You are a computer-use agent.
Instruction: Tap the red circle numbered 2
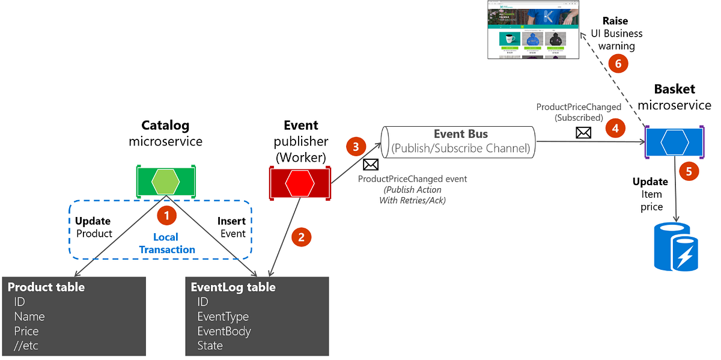302,237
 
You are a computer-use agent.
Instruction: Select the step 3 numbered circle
356,147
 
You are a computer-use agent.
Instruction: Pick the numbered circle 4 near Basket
615,127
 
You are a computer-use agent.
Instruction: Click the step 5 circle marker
689,171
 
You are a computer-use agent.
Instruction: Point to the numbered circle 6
618,63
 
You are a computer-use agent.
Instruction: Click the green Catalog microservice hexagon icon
165,180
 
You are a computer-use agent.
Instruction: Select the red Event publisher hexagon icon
300,183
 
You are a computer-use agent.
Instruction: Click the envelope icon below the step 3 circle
371,165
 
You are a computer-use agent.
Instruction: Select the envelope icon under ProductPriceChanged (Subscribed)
583,133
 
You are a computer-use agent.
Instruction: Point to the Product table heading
46,287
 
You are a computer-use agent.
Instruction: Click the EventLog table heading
233,287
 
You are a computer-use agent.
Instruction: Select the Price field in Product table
26,331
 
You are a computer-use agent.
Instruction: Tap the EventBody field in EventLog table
224,331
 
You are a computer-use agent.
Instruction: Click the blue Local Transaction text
167,243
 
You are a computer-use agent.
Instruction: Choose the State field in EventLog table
210,346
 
